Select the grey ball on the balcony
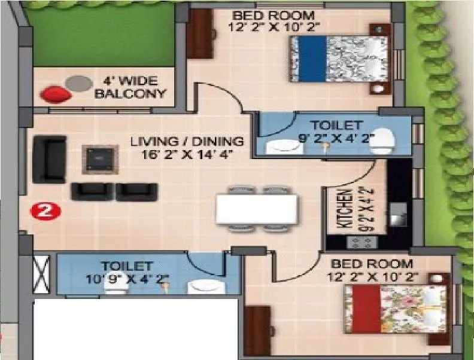(76, 83)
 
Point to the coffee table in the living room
(98, 158)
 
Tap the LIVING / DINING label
(187, 142)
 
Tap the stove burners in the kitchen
(361, 242)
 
